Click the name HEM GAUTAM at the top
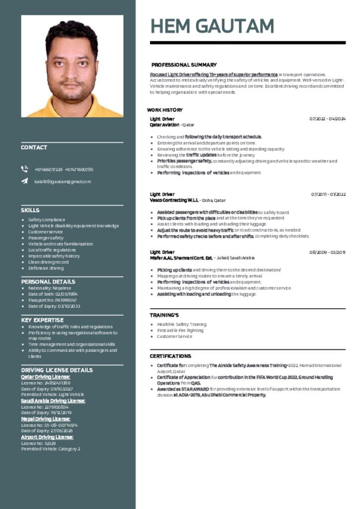pos(212,25)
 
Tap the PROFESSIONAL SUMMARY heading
pos(184,65)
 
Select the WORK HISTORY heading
pos(165,110)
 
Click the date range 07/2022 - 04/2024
pos(327,119)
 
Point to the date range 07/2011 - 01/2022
pos(328,194)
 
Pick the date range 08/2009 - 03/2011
pos(327,252)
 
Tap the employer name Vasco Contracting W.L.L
pos(174,200)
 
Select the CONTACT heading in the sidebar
pos(34,148)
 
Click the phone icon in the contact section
pos(24,169)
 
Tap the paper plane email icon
pos(24,181)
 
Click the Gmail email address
pos(63,182)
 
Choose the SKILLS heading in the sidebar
pos(30,210)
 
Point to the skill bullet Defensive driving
pos(46,268)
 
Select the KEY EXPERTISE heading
pos(42,320)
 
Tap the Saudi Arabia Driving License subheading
pos(53,401)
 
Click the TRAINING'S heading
pos(164,315)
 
